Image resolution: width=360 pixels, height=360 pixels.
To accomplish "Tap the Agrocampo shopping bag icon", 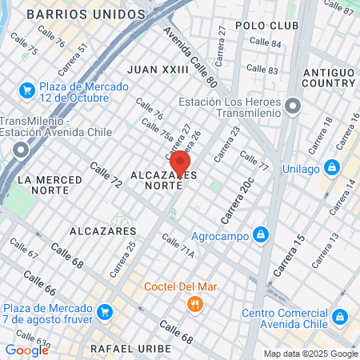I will click(259, 234).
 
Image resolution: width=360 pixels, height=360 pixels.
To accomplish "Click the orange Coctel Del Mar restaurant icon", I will click(194, 304).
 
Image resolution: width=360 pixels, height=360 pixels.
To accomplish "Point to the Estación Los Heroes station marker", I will click(293, 106).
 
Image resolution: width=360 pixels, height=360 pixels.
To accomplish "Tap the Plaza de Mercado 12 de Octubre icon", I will click(27, 90).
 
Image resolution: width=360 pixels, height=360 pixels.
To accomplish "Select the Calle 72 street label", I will click(106, 176).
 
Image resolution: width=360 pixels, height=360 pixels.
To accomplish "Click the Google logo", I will click(26, 350).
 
